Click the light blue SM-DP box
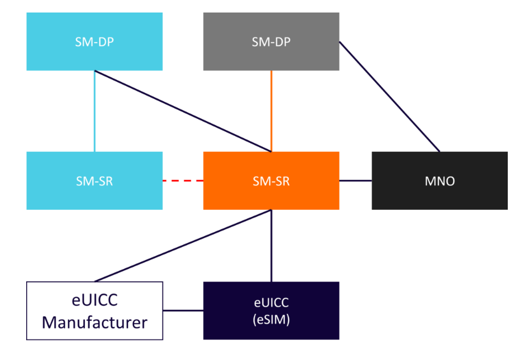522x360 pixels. [94, 42]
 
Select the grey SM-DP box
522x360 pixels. [271, 42]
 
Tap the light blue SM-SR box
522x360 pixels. [94, 180]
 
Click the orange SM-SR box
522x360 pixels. [271, 180]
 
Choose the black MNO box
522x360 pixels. [439, 180]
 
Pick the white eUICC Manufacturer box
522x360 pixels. [94, 311]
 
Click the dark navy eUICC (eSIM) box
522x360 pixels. [271, 311]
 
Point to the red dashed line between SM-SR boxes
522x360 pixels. [183, 181]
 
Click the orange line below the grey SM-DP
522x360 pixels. [271, 111]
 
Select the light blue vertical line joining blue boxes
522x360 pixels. [94, 111]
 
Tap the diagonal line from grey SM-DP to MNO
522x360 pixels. [390, 97]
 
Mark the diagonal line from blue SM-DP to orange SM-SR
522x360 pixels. [182, 111]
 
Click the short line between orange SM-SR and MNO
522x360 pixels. [355, 180]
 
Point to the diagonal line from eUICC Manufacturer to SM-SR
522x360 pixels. [182, 246]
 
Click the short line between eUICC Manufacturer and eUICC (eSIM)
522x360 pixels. [183, 311]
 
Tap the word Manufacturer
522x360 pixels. [94, 322]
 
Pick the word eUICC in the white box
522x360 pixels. [94, 299]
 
